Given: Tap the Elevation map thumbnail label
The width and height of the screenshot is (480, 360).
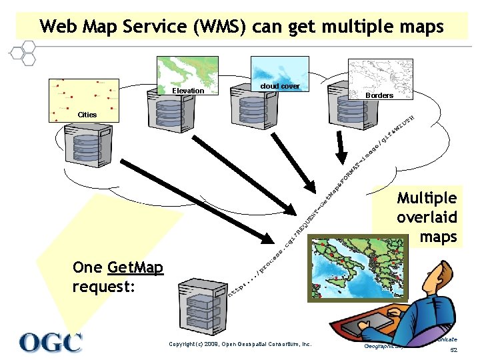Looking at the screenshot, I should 188,91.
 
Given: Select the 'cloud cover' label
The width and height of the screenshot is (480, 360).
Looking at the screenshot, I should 280,87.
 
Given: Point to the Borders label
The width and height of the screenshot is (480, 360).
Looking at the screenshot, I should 379,95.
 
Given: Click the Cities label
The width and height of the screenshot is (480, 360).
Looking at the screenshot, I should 87,115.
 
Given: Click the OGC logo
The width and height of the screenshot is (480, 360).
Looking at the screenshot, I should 51,342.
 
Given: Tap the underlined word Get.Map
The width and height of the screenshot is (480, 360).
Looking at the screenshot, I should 135,268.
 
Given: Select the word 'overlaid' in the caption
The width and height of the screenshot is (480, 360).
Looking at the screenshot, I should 426,217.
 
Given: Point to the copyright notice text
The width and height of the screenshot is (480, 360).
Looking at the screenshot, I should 240,344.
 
